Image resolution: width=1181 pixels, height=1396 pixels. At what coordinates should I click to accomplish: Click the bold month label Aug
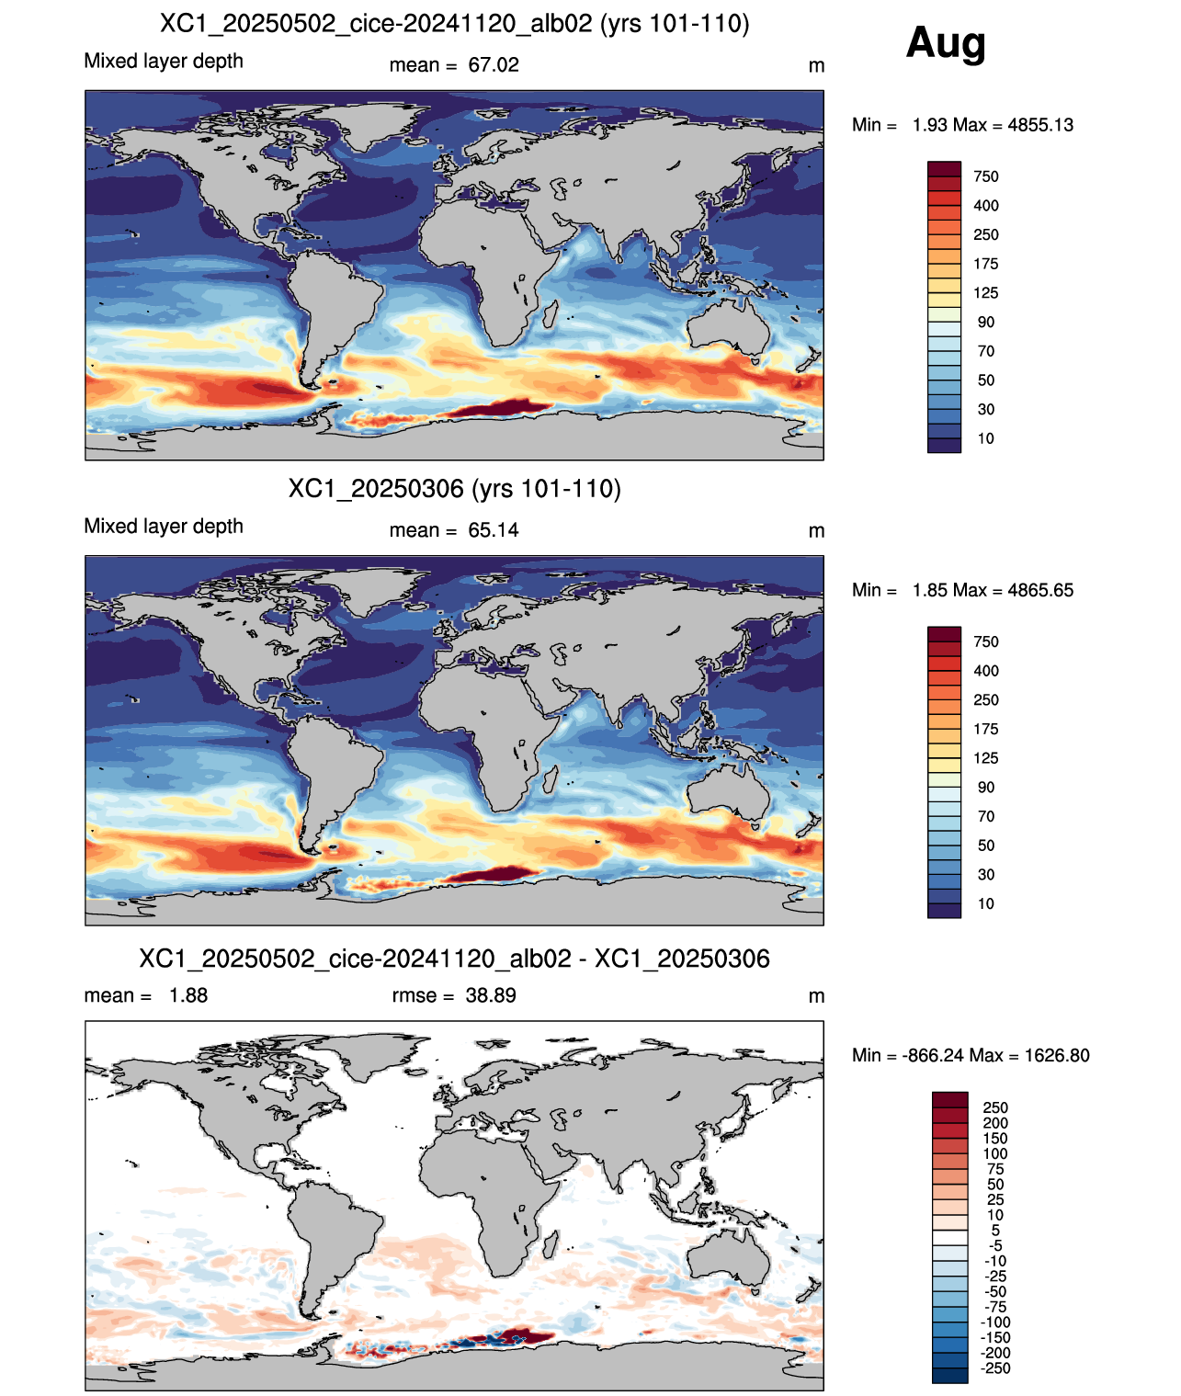[x=945, y=44]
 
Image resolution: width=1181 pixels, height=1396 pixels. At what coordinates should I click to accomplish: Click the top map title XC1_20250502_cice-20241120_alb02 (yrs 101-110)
[x=454, y=24]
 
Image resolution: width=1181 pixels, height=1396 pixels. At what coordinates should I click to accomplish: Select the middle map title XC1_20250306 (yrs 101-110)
[x=454, y=488]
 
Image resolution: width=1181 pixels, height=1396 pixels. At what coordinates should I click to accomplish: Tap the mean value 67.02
[x=494, y=65]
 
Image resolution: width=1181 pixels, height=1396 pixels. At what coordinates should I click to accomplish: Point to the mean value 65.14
[x=494, y=530]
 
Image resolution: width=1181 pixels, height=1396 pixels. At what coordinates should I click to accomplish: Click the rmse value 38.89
[x=491, y=994]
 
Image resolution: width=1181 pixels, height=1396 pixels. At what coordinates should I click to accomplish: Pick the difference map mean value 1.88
[x=188, y=994]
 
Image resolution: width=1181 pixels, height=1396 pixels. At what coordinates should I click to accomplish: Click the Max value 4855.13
[x=1040, y=125]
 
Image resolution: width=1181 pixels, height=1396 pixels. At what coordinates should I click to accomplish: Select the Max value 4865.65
[x=1040, y=590]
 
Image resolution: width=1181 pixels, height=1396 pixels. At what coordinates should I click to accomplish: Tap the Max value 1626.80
[x=1057, y=1055]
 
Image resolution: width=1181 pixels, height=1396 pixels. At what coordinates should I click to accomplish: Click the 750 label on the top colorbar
[x=986, y=176]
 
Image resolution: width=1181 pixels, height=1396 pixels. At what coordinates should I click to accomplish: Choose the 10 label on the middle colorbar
[x=986, y=903]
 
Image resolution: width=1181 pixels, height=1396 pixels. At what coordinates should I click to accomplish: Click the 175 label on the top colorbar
[x=986, y=264]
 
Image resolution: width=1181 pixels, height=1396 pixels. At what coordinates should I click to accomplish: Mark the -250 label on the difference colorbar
[x=995, y=1368]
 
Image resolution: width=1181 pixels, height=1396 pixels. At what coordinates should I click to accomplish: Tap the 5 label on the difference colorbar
[x=995, y=1230]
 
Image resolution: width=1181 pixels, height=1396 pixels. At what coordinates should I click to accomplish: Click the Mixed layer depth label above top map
[x=164, y=61]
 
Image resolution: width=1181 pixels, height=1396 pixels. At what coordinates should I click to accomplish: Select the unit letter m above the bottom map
[x=816, y=996]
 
